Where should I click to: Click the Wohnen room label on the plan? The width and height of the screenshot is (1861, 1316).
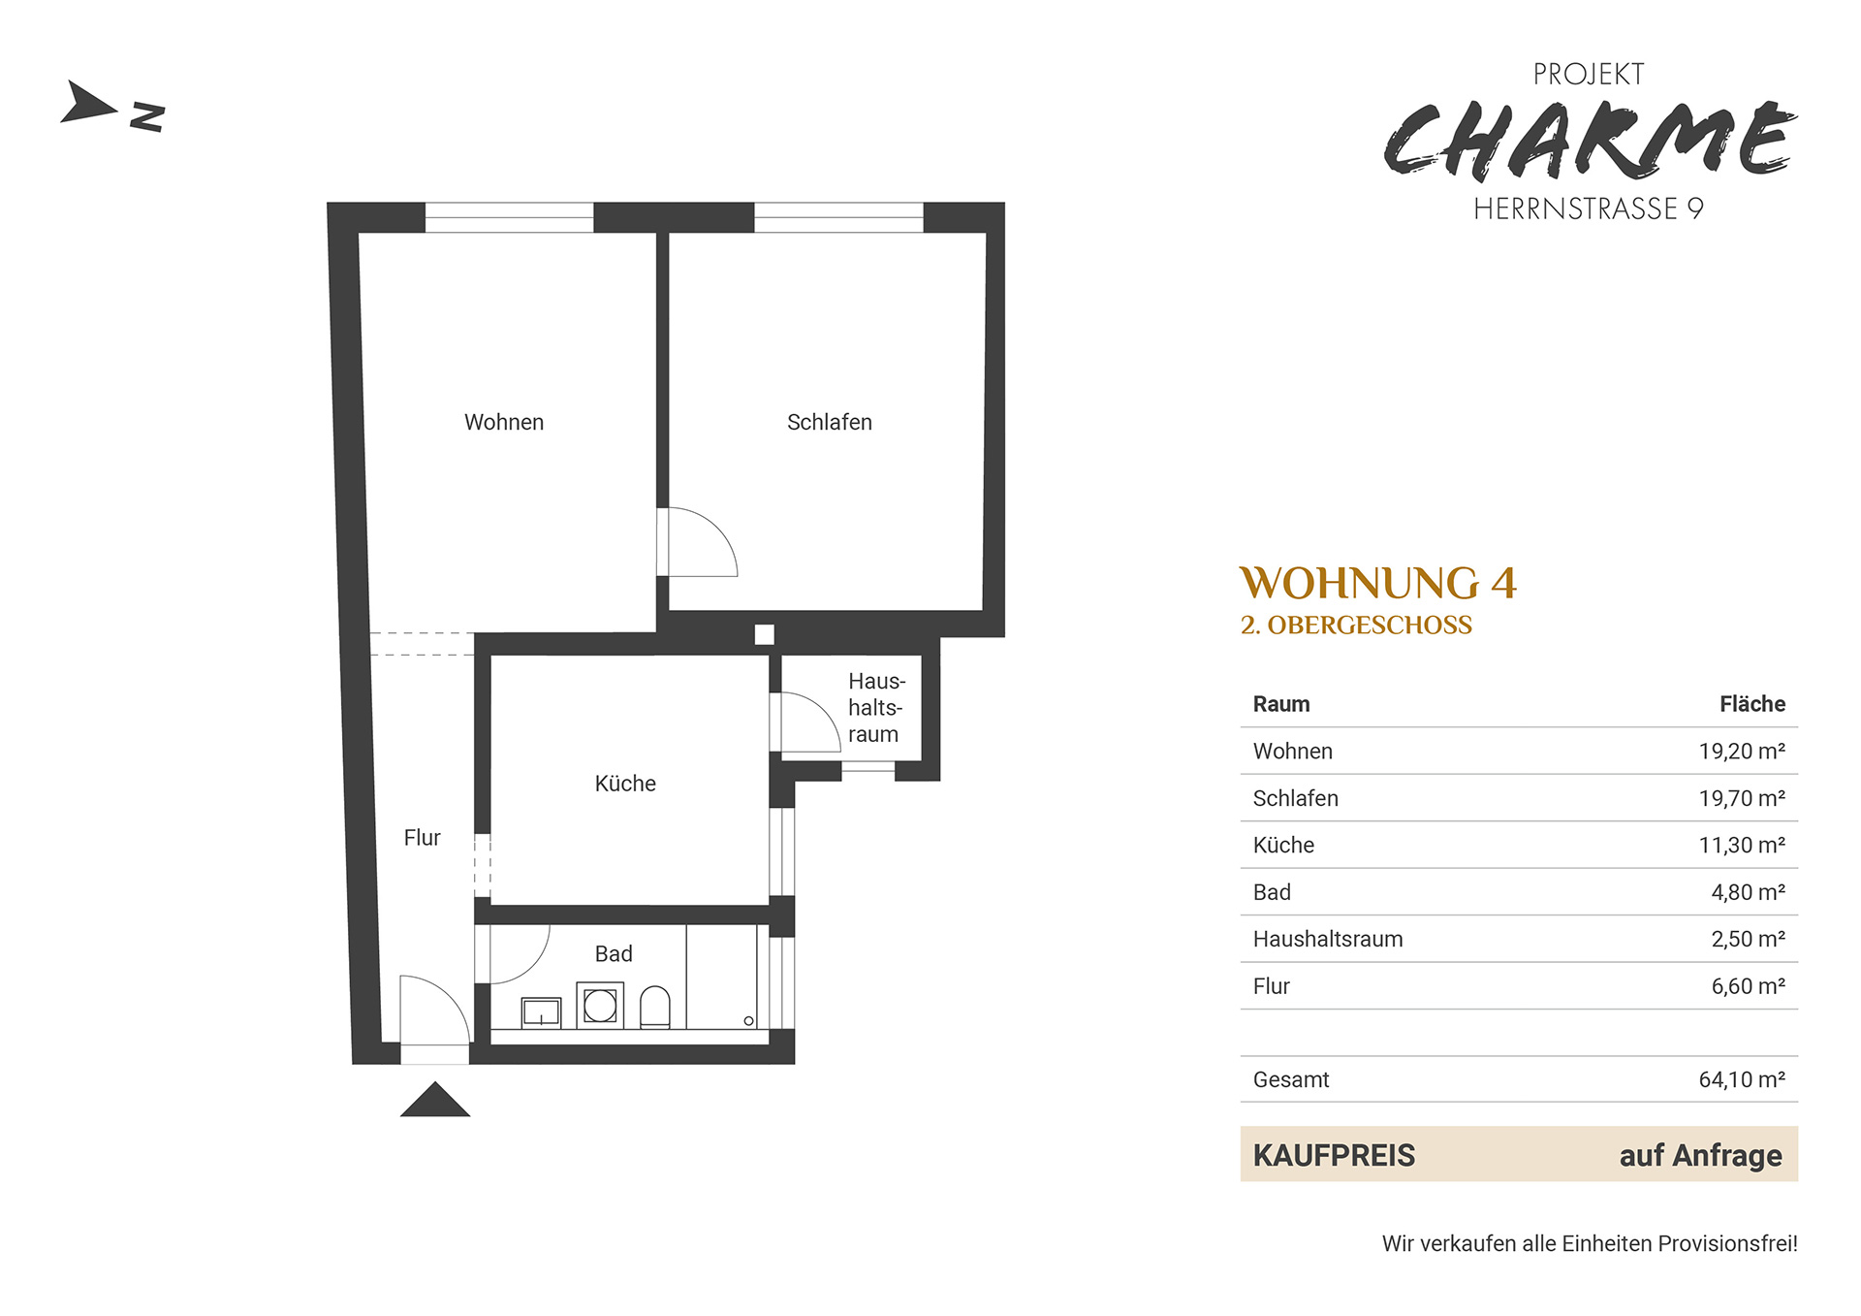[x=504, y=422]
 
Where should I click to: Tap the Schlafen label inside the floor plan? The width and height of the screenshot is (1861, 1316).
[x=830, y=422]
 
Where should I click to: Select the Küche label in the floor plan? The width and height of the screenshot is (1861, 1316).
[x=625, y=784]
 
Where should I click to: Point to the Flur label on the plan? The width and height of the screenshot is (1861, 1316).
[x=422, y=838]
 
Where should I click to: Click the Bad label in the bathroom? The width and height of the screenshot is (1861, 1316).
[x=614, y=954]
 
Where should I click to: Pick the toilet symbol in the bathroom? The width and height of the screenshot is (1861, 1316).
[x=655, y=1007]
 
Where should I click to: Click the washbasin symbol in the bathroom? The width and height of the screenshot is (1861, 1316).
[x=541, y=1012]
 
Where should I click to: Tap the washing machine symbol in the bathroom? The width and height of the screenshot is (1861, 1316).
[x=600, y=1006]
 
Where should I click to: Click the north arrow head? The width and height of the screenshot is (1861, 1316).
[x=87, y=102]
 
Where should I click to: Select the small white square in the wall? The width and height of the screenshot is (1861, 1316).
[x=765, y=634]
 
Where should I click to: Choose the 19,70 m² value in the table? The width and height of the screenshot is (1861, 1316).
[x=1742, y=798]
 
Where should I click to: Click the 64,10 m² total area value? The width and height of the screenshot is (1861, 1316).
[x=1742, y=1079]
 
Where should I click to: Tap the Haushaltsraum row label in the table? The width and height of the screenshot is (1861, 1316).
[x=1328, y=939]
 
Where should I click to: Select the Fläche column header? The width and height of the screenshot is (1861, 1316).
[x=1752, y=704]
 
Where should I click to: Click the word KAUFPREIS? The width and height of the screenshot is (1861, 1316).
[x=1334, y=1155]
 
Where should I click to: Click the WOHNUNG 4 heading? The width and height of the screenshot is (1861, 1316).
[x=1378, y=584]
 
